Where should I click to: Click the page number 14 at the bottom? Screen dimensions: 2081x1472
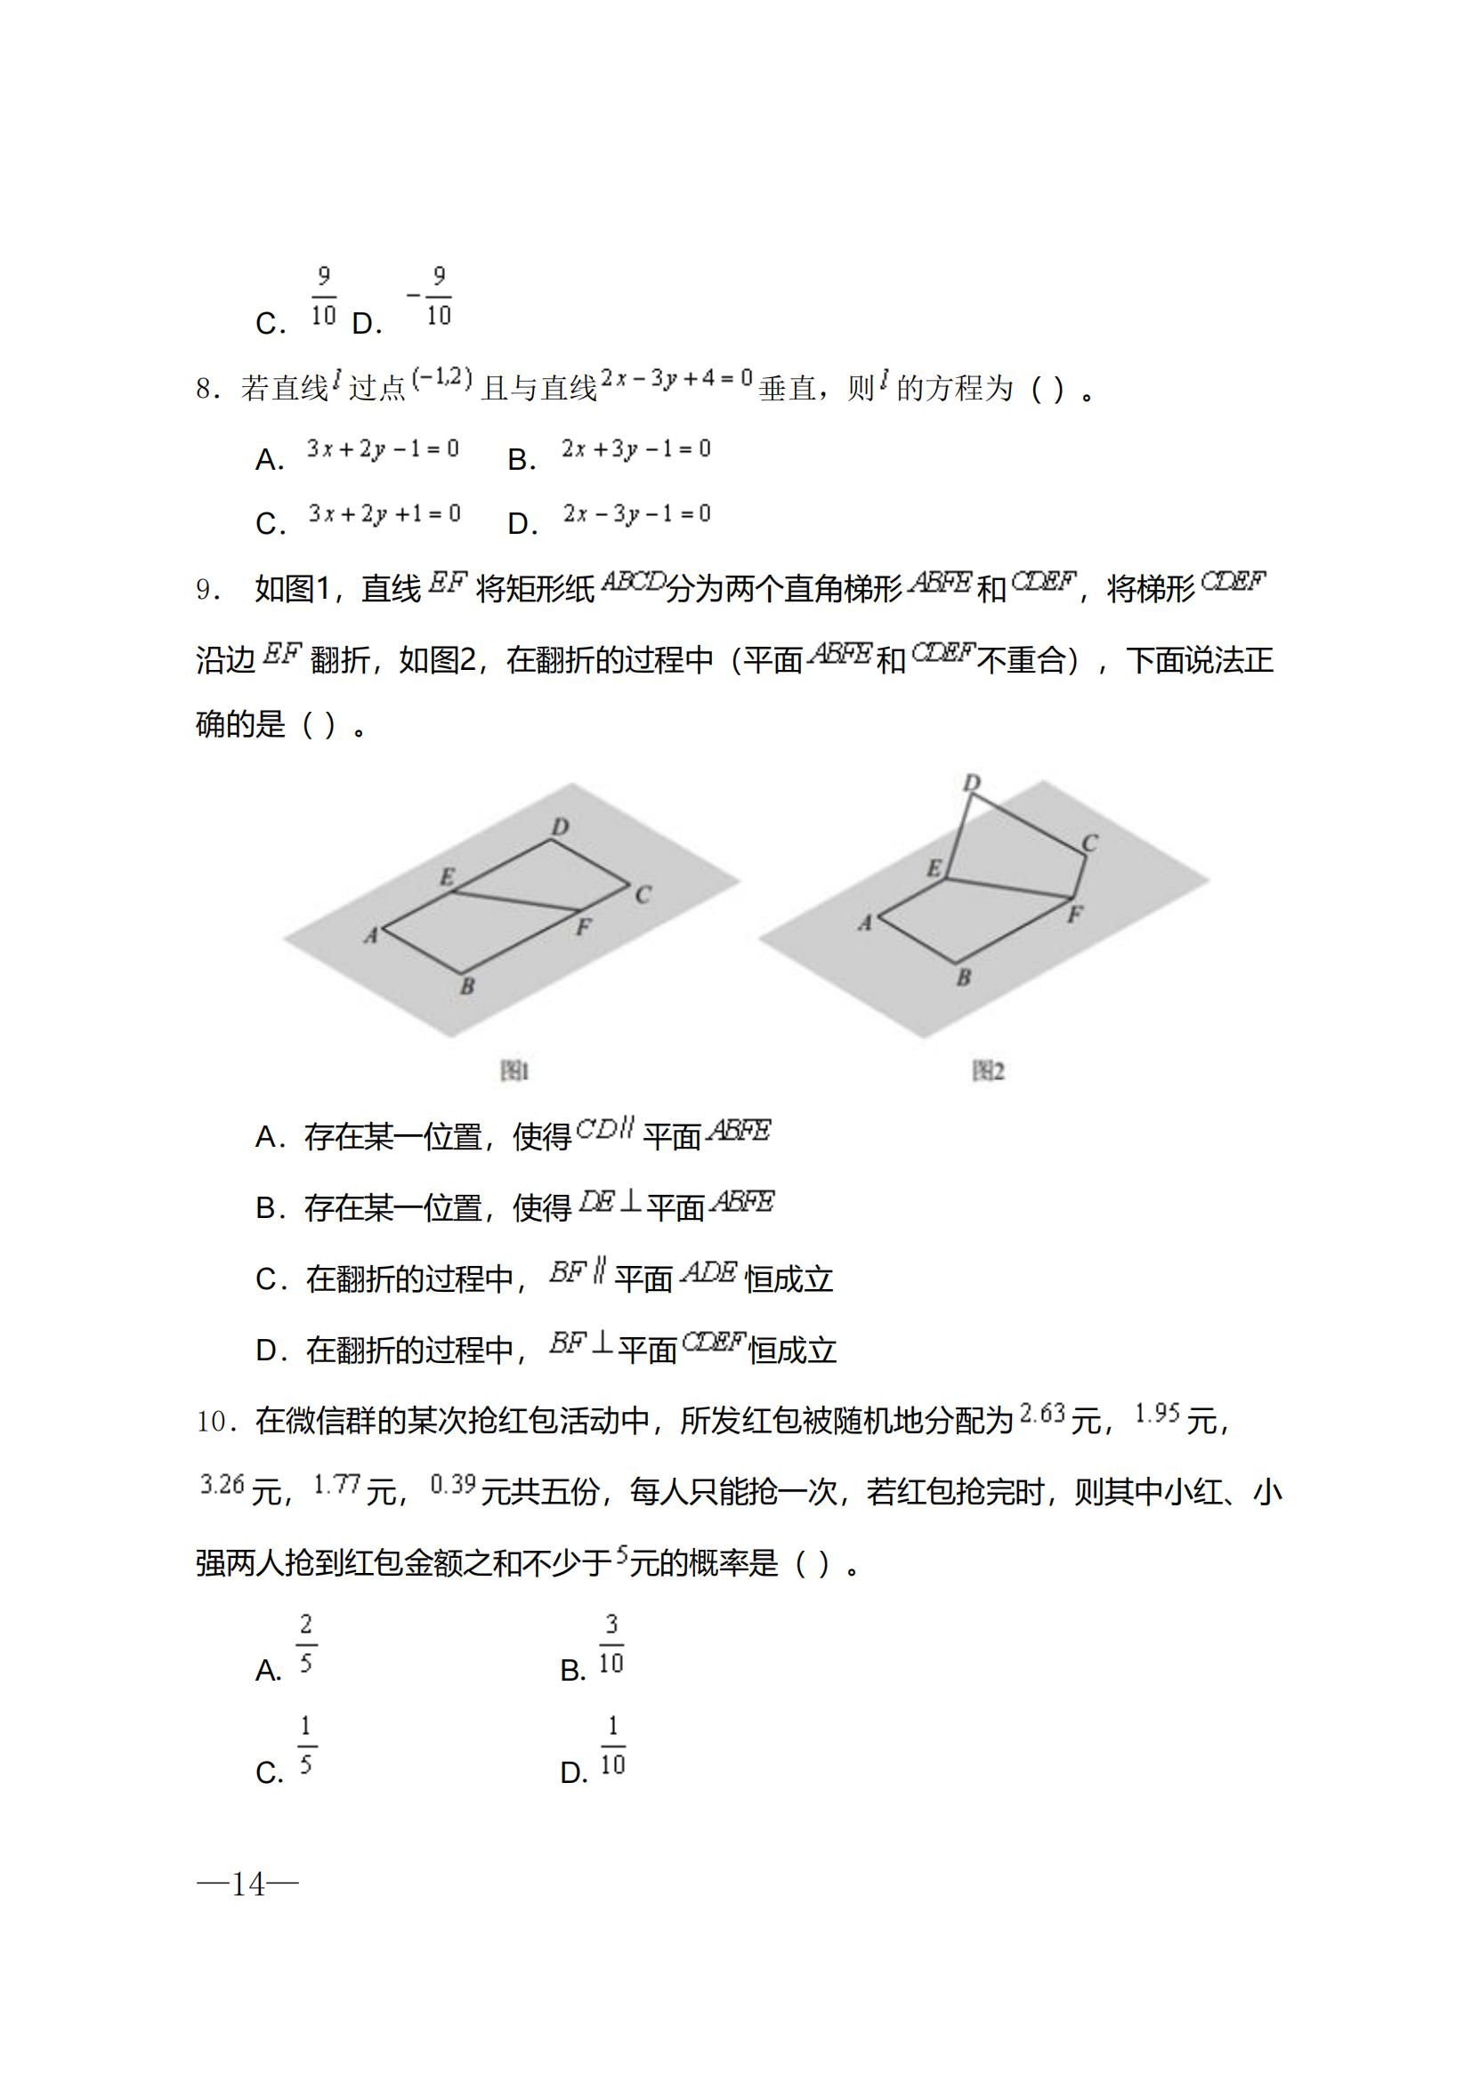pyautogui.click(x=247, y=1884)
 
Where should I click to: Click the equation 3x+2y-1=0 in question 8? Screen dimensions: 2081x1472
pyautogui.click(x=383, y=448)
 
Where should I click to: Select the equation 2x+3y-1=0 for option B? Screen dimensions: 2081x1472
pyautogui.click(x=635, y=448)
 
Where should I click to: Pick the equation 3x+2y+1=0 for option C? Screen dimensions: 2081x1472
pyautogui.click(x=384, y=514)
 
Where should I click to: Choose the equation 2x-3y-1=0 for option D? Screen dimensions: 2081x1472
pyautogui.click(x=636, y=514)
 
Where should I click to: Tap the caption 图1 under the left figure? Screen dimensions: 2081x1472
pyautogui.click(x=514, y=1071)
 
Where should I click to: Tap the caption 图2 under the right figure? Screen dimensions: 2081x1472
pyautogui.click(x=988, y=1071)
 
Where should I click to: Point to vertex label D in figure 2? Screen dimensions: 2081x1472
pyautogui.click(x=971, y=782)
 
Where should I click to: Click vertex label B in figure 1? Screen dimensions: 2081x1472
pyautogui.click(x=467, y=986)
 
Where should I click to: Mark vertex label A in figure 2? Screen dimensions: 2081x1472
pyautogui.click(x=865, y=923)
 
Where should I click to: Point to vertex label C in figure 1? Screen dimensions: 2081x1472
pyautogui.click(x=643, y=894)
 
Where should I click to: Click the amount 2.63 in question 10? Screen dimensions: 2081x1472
pyautogui.click(x=1041, y=1413)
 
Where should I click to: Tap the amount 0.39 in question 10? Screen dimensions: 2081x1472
pyautogui.click(x=452, y=1485)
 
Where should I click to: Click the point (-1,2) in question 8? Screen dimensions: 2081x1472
pyautogui.click(x=442, y=378)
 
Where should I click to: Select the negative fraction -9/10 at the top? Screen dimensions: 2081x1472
pyautogui.click(x=431, y=295)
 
